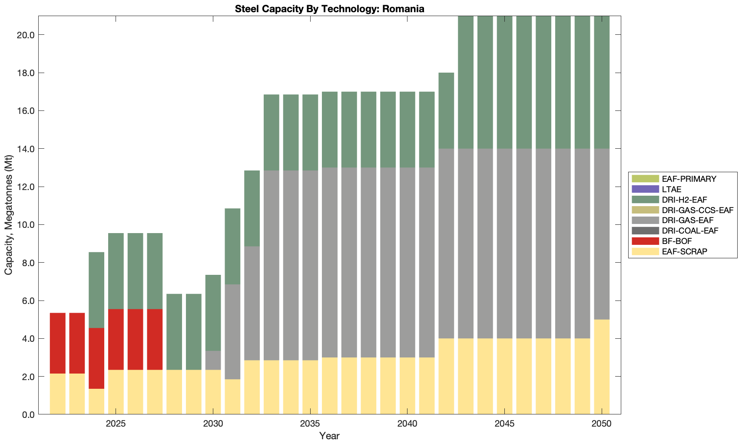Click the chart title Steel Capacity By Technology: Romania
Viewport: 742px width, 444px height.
[329, 9]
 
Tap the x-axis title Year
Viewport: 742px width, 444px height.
[329, 436]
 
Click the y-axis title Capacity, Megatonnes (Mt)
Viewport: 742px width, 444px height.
[9, 215]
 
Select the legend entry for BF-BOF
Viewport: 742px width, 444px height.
[677, 241]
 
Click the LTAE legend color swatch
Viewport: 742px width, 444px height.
[645, 189]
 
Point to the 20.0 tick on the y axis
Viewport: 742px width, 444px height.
[26, 35]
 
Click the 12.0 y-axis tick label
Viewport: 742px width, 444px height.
[26, 187]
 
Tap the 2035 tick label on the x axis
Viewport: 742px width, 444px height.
[310, 424]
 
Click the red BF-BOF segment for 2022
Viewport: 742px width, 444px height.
[58, 343]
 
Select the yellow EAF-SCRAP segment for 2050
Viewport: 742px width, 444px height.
[602, 367]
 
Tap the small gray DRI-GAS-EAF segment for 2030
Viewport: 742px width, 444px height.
[213, 361]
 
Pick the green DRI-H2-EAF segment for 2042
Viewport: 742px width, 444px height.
[446, 110]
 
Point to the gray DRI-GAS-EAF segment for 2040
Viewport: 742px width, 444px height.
[407, 262]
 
